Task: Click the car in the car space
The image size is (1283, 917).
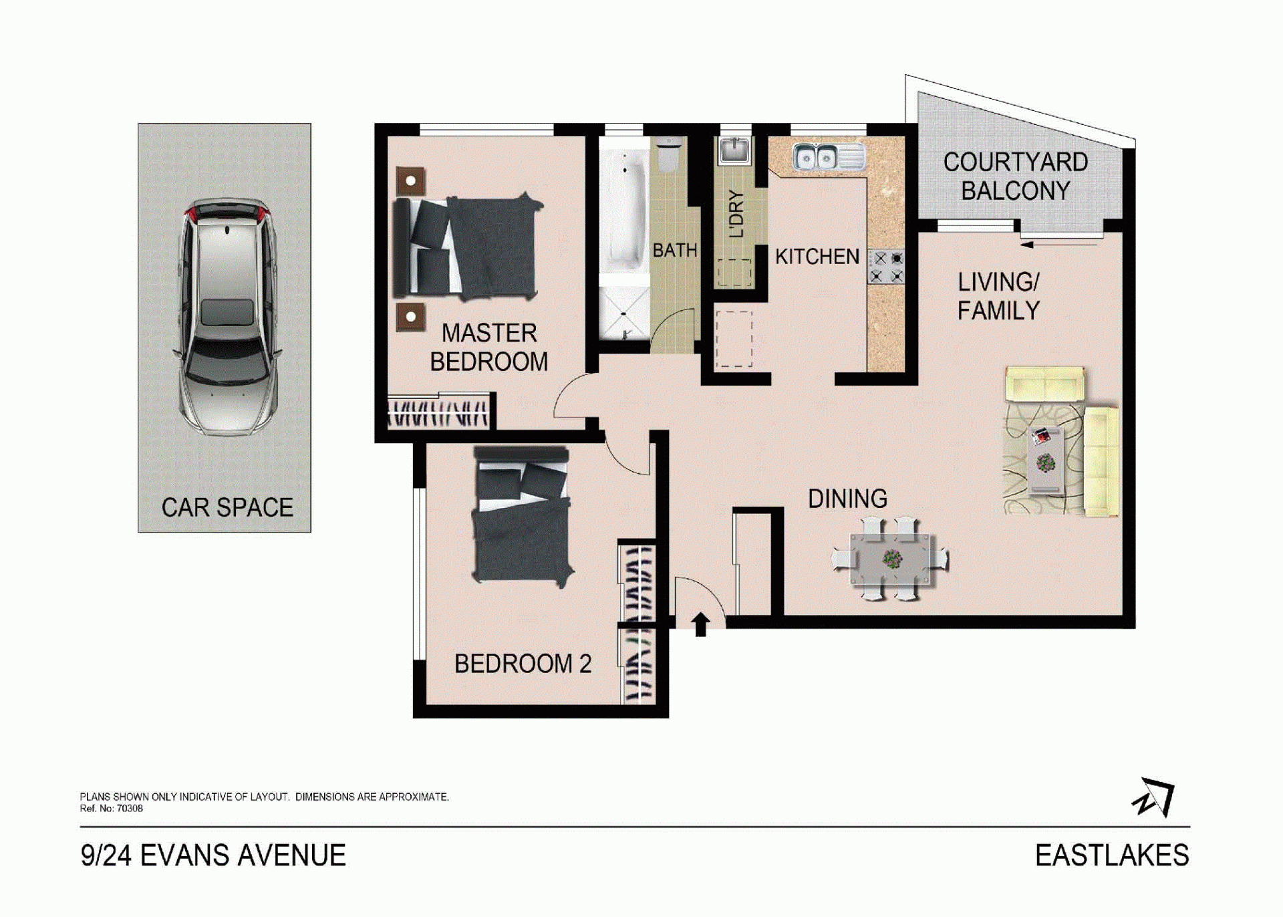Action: (227, 317)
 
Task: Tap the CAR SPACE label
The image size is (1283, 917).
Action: (227, 508)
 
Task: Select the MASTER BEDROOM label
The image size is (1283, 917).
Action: (489, 348)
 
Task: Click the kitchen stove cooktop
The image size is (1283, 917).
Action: (887, 266)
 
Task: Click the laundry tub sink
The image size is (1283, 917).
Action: (734, 151)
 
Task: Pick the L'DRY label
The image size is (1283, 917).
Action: (736, 214)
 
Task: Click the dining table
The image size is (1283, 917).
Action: (891, 559)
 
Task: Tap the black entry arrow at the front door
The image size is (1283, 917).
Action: (700, 624)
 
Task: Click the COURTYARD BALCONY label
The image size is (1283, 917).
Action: (1016, 176)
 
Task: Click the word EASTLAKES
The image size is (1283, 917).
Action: (1112, 856)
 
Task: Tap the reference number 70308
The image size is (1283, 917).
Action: (130, 809)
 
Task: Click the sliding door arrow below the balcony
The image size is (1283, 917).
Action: (1060, 245)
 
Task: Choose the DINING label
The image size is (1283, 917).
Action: (847, 499)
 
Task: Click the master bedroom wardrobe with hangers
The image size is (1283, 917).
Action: (438, 412)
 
